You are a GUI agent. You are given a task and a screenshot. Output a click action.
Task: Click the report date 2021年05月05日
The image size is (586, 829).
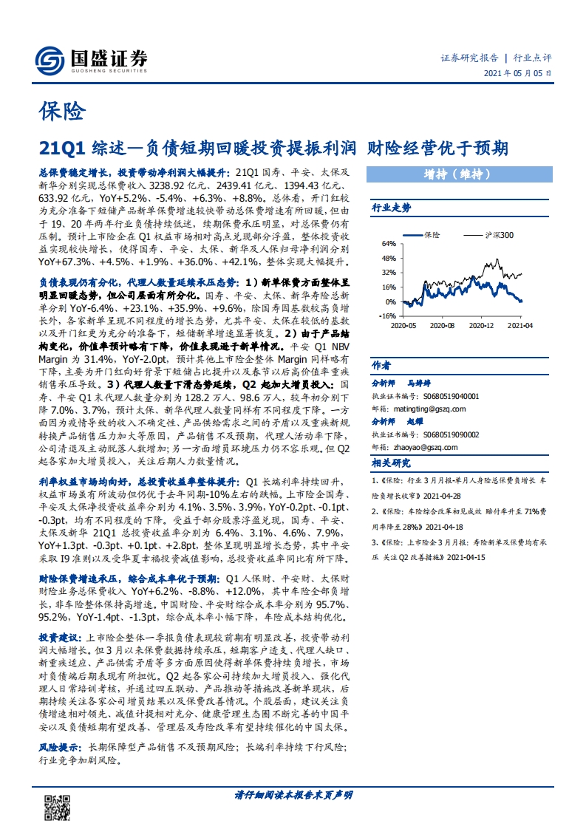point(517,73)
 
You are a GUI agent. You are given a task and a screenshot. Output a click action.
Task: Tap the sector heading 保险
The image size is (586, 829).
point(61,112)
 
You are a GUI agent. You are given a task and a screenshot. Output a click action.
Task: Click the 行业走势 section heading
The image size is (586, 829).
point(391,208)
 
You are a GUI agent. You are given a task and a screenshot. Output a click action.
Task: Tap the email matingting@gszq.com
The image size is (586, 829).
point(429,408)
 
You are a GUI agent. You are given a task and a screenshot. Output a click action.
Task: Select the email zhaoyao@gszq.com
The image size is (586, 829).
point(425,447)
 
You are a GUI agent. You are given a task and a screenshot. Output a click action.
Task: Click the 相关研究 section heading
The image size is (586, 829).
point(391,463)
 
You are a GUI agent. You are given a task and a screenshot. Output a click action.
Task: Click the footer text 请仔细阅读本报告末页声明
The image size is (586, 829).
point(293,795)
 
